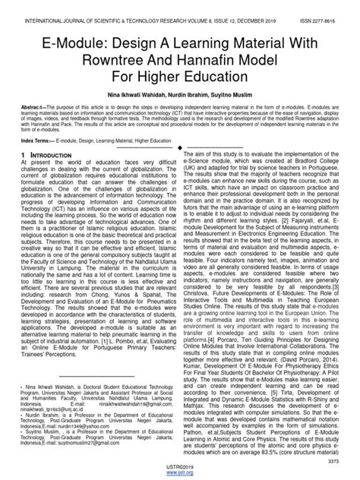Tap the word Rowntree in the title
tap(114, 60)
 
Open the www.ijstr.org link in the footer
tap(179, 474)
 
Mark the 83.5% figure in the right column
tap(276, 453)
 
